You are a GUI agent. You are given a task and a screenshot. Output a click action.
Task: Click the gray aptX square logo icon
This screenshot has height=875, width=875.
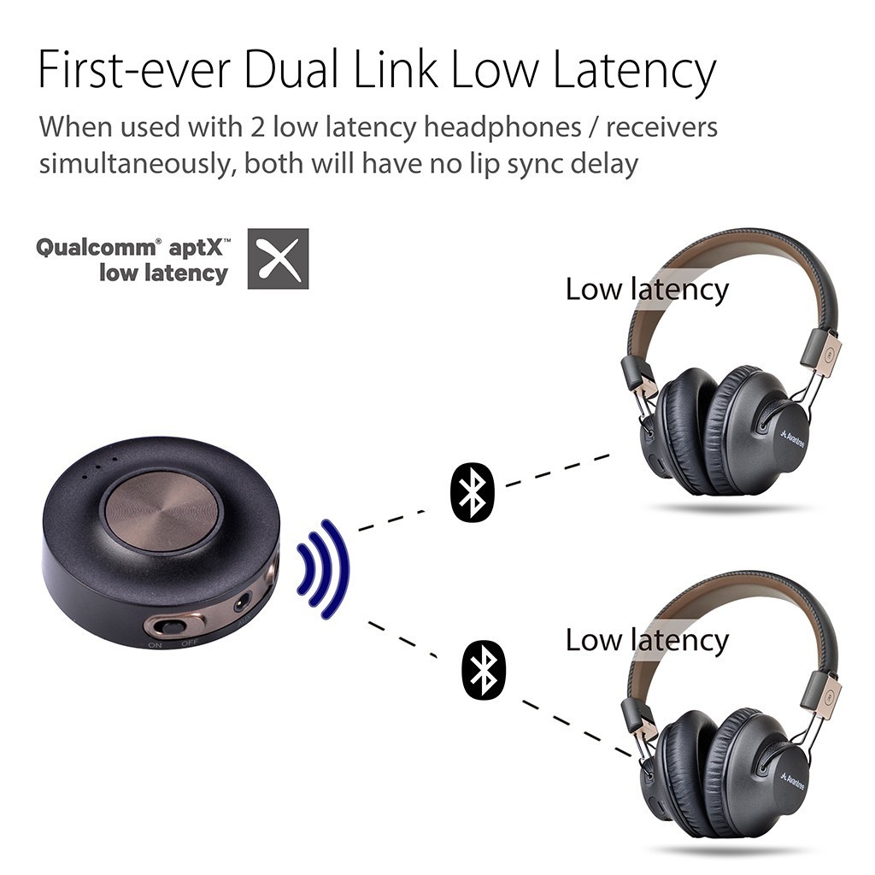tap(278, 258)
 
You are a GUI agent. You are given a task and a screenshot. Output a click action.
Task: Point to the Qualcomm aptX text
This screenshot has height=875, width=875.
tap(132, 249)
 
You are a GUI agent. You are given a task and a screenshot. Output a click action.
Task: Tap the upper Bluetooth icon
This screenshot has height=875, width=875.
tap(472, 490)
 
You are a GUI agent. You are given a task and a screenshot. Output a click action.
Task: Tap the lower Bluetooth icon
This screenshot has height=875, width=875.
tap(484, 667)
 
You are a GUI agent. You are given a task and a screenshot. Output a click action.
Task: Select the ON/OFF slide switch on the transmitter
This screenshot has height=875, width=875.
tap(172, 625)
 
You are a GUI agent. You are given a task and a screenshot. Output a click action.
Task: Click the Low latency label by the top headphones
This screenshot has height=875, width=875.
tap(647, 289)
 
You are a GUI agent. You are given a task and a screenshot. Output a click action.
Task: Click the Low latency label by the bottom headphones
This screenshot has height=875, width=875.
tap(647, 639)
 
